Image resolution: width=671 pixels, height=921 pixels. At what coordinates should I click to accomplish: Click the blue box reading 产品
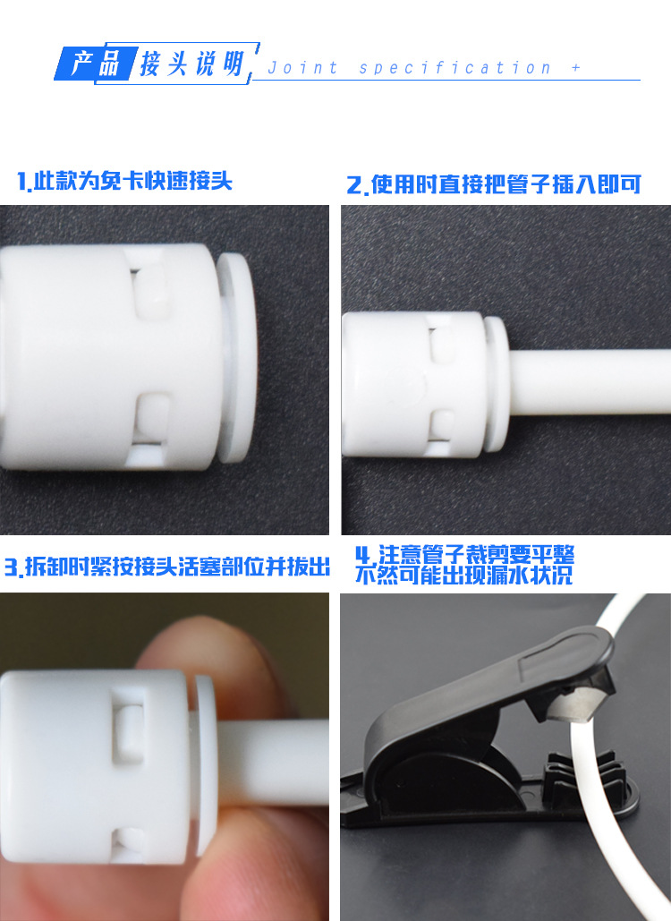coord(97,64)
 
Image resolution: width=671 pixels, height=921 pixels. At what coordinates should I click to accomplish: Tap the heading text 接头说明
coord(191,63)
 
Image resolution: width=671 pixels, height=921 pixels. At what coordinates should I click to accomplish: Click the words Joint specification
coord(409,68)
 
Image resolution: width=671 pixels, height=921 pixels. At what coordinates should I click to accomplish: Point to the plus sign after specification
coord(576,68)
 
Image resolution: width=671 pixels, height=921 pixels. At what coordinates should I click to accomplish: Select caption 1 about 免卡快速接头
coord(124,181)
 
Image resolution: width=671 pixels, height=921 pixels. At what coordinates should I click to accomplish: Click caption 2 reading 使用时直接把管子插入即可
coord(494,184)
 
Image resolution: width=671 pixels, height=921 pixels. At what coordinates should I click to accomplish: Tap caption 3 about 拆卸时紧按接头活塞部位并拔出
coord(166,567)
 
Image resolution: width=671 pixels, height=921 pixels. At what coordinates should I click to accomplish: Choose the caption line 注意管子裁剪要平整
coord(464,554)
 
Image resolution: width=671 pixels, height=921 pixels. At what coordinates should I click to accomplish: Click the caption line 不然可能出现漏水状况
coord(463,575)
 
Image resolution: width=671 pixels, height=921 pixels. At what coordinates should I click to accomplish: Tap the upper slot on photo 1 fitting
coord(153,288)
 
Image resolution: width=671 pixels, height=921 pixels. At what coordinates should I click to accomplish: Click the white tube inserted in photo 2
coord(589,382)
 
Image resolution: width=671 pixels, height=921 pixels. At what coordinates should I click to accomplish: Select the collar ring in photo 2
coord(497,384)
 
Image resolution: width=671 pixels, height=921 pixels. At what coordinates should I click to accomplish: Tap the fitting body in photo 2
coord(414,384)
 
